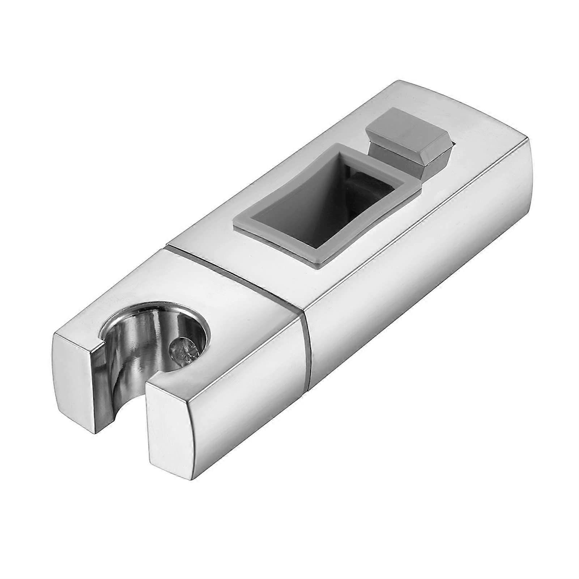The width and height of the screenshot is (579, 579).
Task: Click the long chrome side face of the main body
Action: (416, 289)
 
